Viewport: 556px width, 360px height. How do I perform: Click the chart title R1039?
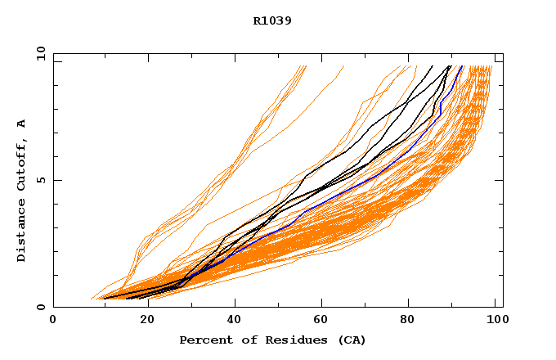point(272,20)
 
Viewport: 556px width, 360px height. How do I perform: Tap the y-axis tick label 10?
point(40,53)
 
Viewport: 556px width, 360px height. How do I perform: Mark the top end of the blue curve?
point(462,66)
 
